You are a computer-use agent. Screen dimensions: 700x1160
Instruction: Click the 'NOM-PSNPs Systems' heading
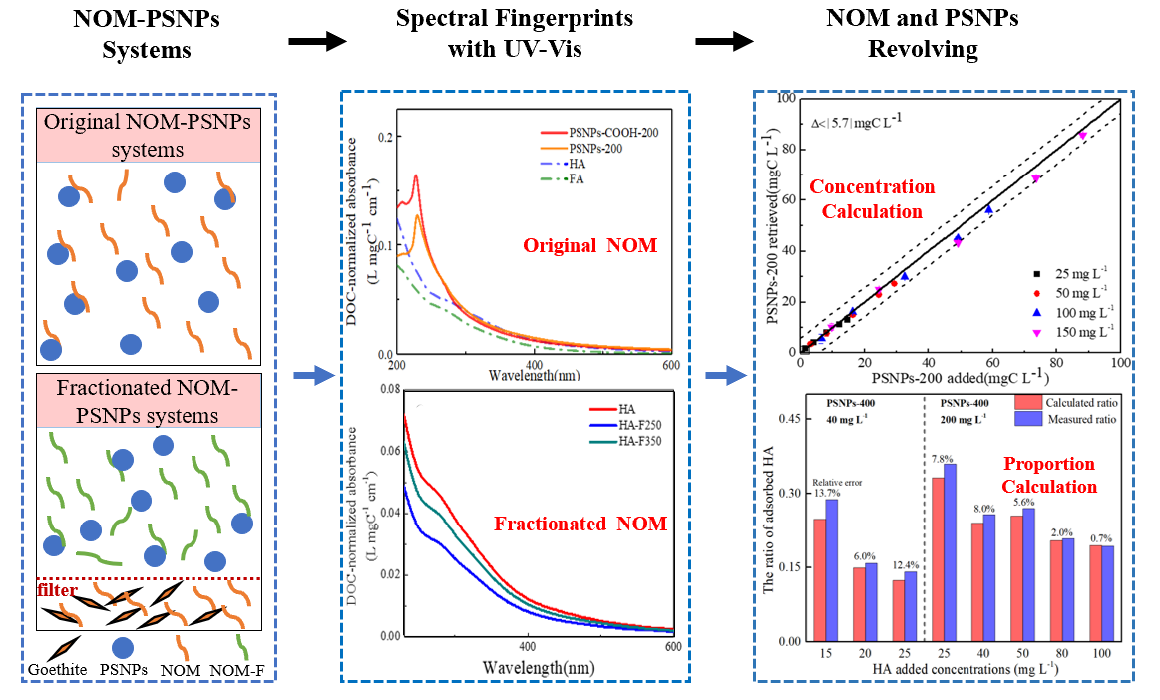[x=146, y=34]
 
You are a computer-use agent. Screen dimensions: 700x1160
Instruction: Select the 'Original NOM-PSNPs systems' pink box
[x=149, y=136]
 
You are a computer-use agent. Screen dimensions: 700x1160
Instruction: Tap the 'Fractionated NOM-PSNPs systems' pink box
[x=149, y=400]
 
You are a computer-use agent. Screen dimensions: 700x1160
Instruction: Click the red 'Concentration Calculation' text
[x=872, y=198]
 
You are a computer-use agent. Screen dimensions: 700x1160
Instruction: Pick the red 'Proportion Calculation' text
[x=1048, y=476]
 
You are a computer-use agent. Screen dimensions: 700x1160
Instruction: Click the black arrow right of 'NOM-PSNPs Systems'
[x=317, y=41]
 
